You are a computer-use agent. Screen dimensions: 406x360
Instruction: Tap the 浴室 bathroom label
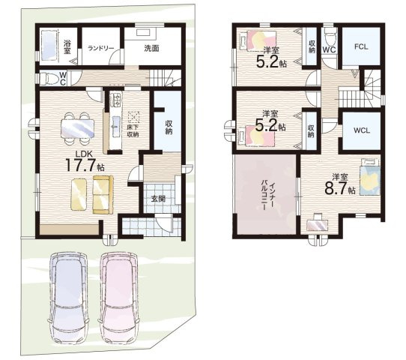click(x=67, y=46)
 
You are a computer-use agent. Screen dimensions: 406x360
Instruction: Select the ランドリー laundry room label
click(x=100, y=49)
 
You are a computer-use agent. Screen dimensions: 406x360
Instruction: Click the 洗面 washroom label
click(x=151, y=49)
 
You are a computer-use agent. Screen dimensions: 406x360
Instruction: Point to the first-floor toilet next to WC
click(x=49, y=78)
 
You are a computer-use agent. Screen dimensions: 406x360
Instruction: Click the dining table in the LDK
click(x=77, y=128)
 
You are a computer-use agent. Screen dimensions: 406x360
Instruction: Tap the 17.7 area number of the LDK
click(x=81, y=165)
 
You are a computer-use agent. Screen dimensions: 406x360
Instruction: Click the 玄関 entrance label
click(x=158, y=199)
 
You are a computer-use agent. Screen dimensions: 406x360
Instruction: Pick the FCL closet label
click(x=361, y=47)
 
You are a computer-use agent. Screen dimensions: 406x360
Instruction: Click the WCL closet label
click(x=362, y=130)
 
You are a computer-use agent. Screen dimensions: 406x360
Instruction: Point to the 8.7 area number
click(x=336, y=188)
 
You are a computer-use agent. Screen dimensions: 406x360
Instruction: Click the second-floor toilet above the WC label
click(x=330, y=37)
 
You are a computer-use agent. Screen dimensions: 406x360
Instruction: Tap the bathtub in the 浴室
click(x=49, y=46)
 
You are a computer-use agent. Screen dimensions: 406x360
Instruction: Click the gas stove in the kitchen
click(x=116, y=100)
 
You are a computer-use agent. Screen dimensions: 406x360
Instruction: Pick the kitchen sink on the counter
click(x=116, y=127)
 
